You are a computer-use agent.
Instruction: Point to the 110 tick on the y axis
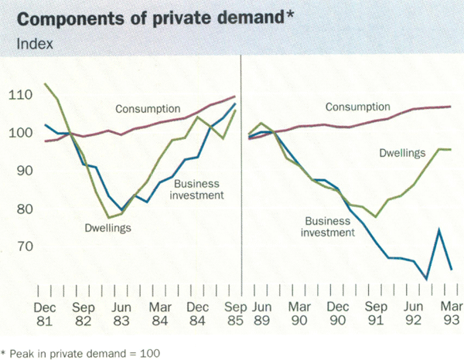pos(22,96)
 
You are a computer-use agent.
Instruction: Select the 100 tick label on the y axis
pos(22,134)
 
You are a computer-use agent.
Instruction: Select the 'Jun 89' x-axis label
pos(258,312)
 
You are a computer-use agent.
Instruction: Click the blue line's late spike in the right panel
pos(440,230)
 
